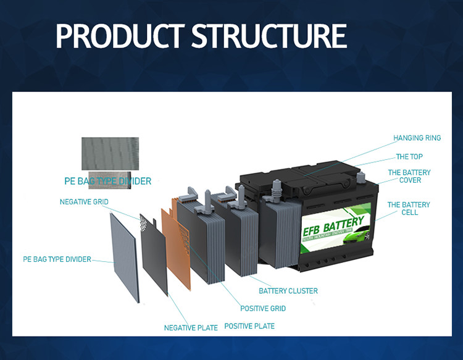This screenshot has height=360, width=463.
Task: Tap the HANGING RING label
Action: pyautogui.click(x=417, y=138)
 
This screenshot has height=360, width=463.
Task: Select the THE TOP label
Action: pyautogui.click(x=409, y=157)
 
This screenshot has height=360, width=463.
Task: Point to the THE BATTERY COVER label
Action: pyautogui.click(x=409, y=176)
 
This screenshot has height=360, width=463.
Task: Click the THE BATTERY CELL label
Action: pyautogui.click(x=409, y=208)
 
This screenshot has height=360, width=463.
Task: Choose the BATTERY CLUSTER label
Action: pyautogui.click(x=288, y=291)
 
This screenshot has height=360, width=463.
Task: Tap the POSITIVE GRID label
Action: pyautogui.click(x=263, y=308)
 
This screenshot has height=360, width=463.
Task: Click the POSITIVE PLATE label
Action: pyautogui.click(x=249, y=325)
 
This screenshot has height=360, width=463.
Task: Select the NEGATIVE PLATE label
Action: pyautogui.click(x=191, y=327)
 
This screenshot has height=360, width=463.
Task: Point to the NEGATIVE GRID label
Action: pyautogui.click(x=84, y=202)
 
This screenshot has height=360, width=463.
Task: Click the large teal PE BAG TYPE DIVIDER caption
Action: pyautogui.click(x=107, y=182)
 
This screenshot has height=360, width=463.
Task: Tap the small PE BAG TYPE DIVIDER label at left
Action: pyautogui.click(x=57, y=259)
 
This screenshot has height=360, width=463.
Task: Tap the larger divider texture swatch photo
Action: pyautogui.click(x=109, y=153)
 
